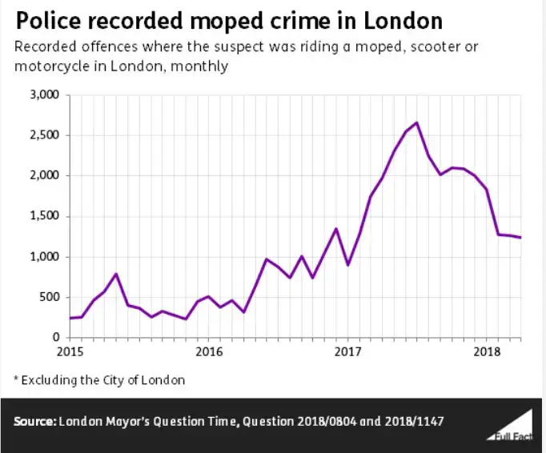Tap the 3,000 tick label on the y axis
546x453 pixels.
[44, 94]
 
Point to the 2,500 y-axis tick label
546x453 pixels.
[44, 135]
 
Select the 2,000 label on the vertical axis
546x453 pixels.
[44, 175]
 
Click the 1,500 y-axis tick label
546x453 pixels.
[44, 216]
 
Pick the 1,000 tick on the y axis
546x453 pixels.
[44, 257]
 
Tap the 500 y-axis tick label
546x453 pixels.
[50, 297]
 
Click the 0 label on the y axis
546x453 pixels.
[56, 338]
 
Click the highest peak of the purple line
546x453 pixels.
[417, 122]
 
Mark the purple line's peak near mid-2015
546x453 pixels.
[116, 274]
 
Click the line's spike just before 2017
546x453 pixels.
[336, 229]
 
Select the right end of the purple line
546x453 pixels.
[520, 238]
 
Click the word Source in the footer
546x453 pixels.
[34, 421]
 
